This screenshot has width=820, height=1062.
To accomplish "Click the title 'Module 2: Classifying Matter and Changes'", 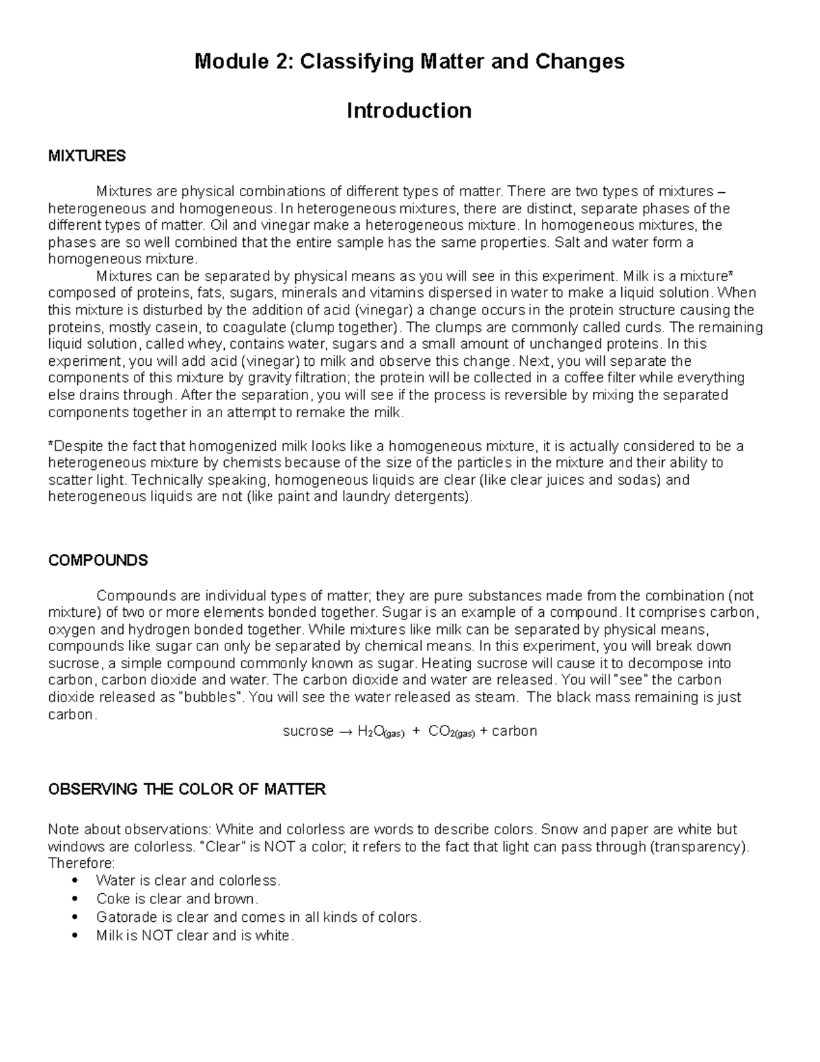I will tap(409, 62).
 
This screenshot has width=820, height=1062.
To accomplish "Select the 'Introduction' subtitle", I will tap(409, 111).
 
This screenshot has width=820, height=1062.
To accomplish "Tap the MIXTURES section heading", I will tap(87, 156).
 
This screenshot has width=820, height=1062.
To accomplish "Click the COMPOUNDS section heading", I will tap(98, 561).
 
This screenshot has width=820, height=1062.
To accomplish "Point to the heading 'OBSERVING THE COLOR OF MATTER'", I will tap(187, 790).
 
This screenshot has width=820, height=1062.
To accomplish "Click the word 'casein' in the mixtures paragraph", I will tap(163, 327).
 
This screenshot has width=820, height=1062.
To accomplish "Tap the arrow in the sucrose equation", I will tap(346, 732).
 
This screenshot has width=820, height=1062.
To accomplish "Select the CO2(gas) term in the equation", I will tap(451, 732).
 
